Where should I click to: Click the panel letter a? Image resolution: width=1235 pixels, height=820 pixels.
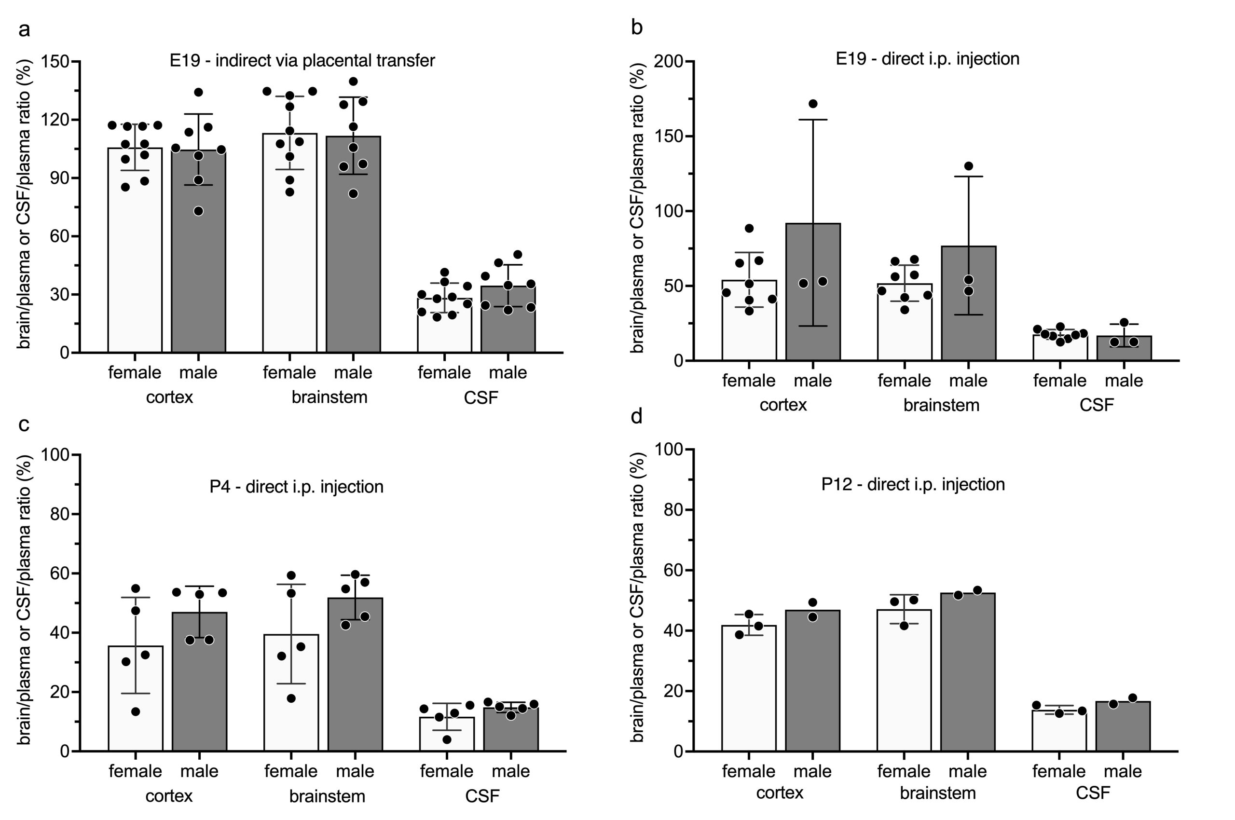(x=24, y=30)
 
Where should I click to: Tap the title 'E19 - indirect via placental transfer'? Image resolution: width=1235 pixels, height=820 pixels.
(x=302, y=61)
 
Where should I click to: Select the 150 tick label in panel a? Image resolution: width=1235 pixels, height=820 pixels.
(x=56, y=61)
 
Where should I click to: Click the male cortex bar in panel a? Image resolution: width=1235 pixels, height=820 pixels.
(x=198, y=261)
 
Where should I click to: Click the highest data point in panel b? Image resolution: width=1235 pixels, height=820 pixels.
(x=812, y=104)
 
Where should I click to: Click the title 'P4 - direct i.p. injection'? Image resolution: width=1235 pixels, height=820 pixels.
(x=296, y=487)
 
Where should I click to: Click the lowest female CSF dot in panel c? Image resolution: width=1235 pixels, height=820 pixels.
(x=447, y=739)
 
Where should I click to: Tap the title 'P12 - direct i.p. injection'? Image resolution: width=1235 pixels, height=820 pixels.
(x=913, y=485)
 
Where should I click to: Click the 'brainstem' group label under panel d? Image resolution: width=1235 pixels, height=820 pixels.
(x=937, y=793)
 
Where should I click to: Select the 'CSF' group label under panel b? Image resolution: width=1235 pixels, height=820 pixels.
(x=1097, y=405)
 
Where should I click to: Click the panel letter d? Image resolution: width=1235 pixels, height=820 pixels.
(x=637, y=417)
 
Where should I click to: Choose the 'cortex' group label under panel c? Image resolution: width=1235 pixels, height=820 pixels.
(x=169, y=796)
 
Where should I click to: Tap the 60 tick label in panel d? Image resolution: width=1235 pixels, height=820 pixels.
(x=674, y=571)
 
